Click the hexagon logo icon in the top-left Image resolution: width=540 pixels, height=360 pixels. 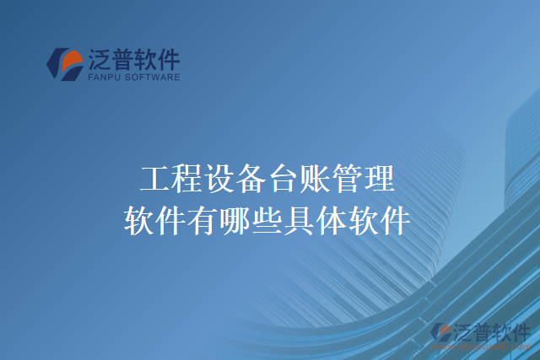click(x=65, y=64)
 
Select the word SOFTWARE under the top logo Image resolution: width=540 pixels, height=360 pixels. click(x=151, y=77)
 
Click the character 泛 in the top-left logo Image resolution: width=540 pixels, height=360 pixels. click(x=98, y=58)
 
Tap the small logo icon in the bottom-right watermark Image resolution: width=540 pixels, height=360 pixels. click(x=440, y=334)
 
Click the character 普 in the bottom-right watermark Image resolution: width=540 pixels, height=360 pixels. click(x=483, y=332)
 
